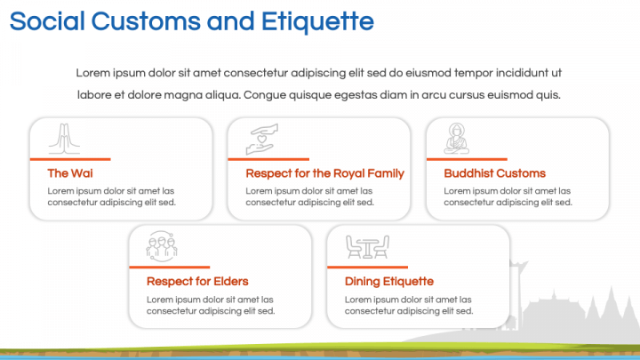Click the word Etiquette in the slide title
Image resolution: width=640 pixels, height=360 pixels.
pos(317,21)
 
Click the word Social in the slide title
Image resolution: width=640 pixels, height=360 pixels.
pos(47,21)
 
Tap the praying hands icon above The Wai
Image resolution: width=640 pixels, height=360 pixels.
pos(65,139)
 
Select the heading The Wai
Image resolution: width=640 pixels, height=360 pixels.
pos(70,173)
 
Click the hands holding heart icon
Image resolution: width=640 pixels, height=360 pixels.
pos(262,140)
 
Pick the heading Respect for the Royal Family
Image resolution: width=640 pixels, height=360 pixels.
pos(325,173)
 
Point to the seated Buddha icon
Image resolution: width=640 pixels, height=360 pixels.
pos(457,139)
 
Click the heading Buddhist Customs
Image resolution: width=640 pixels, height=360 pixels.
pos(495,173)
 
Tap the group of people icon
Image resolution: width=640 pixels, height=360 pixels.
pos(162,246)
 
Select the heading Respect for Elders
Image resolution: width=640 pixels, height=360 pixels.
pos(197,282)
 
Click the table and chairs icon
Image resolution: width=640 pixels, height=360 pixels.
pos(367,247)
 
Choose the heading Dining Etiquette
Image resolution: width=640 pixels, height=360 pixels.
pos(389,282)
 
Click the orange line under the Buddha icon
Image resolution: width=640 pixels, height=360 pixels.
pos(467,159)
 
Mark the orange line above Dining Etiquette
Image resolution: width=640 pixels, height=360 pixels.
pos(367,268)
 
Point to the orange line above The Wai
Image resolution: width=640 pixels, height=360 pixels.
pos(70,159)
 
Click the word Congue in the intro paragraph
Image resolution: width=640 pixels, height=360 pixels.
pos(265,95)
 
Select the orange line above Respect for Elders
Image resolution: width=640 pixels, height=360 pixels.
pos(170,268)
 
